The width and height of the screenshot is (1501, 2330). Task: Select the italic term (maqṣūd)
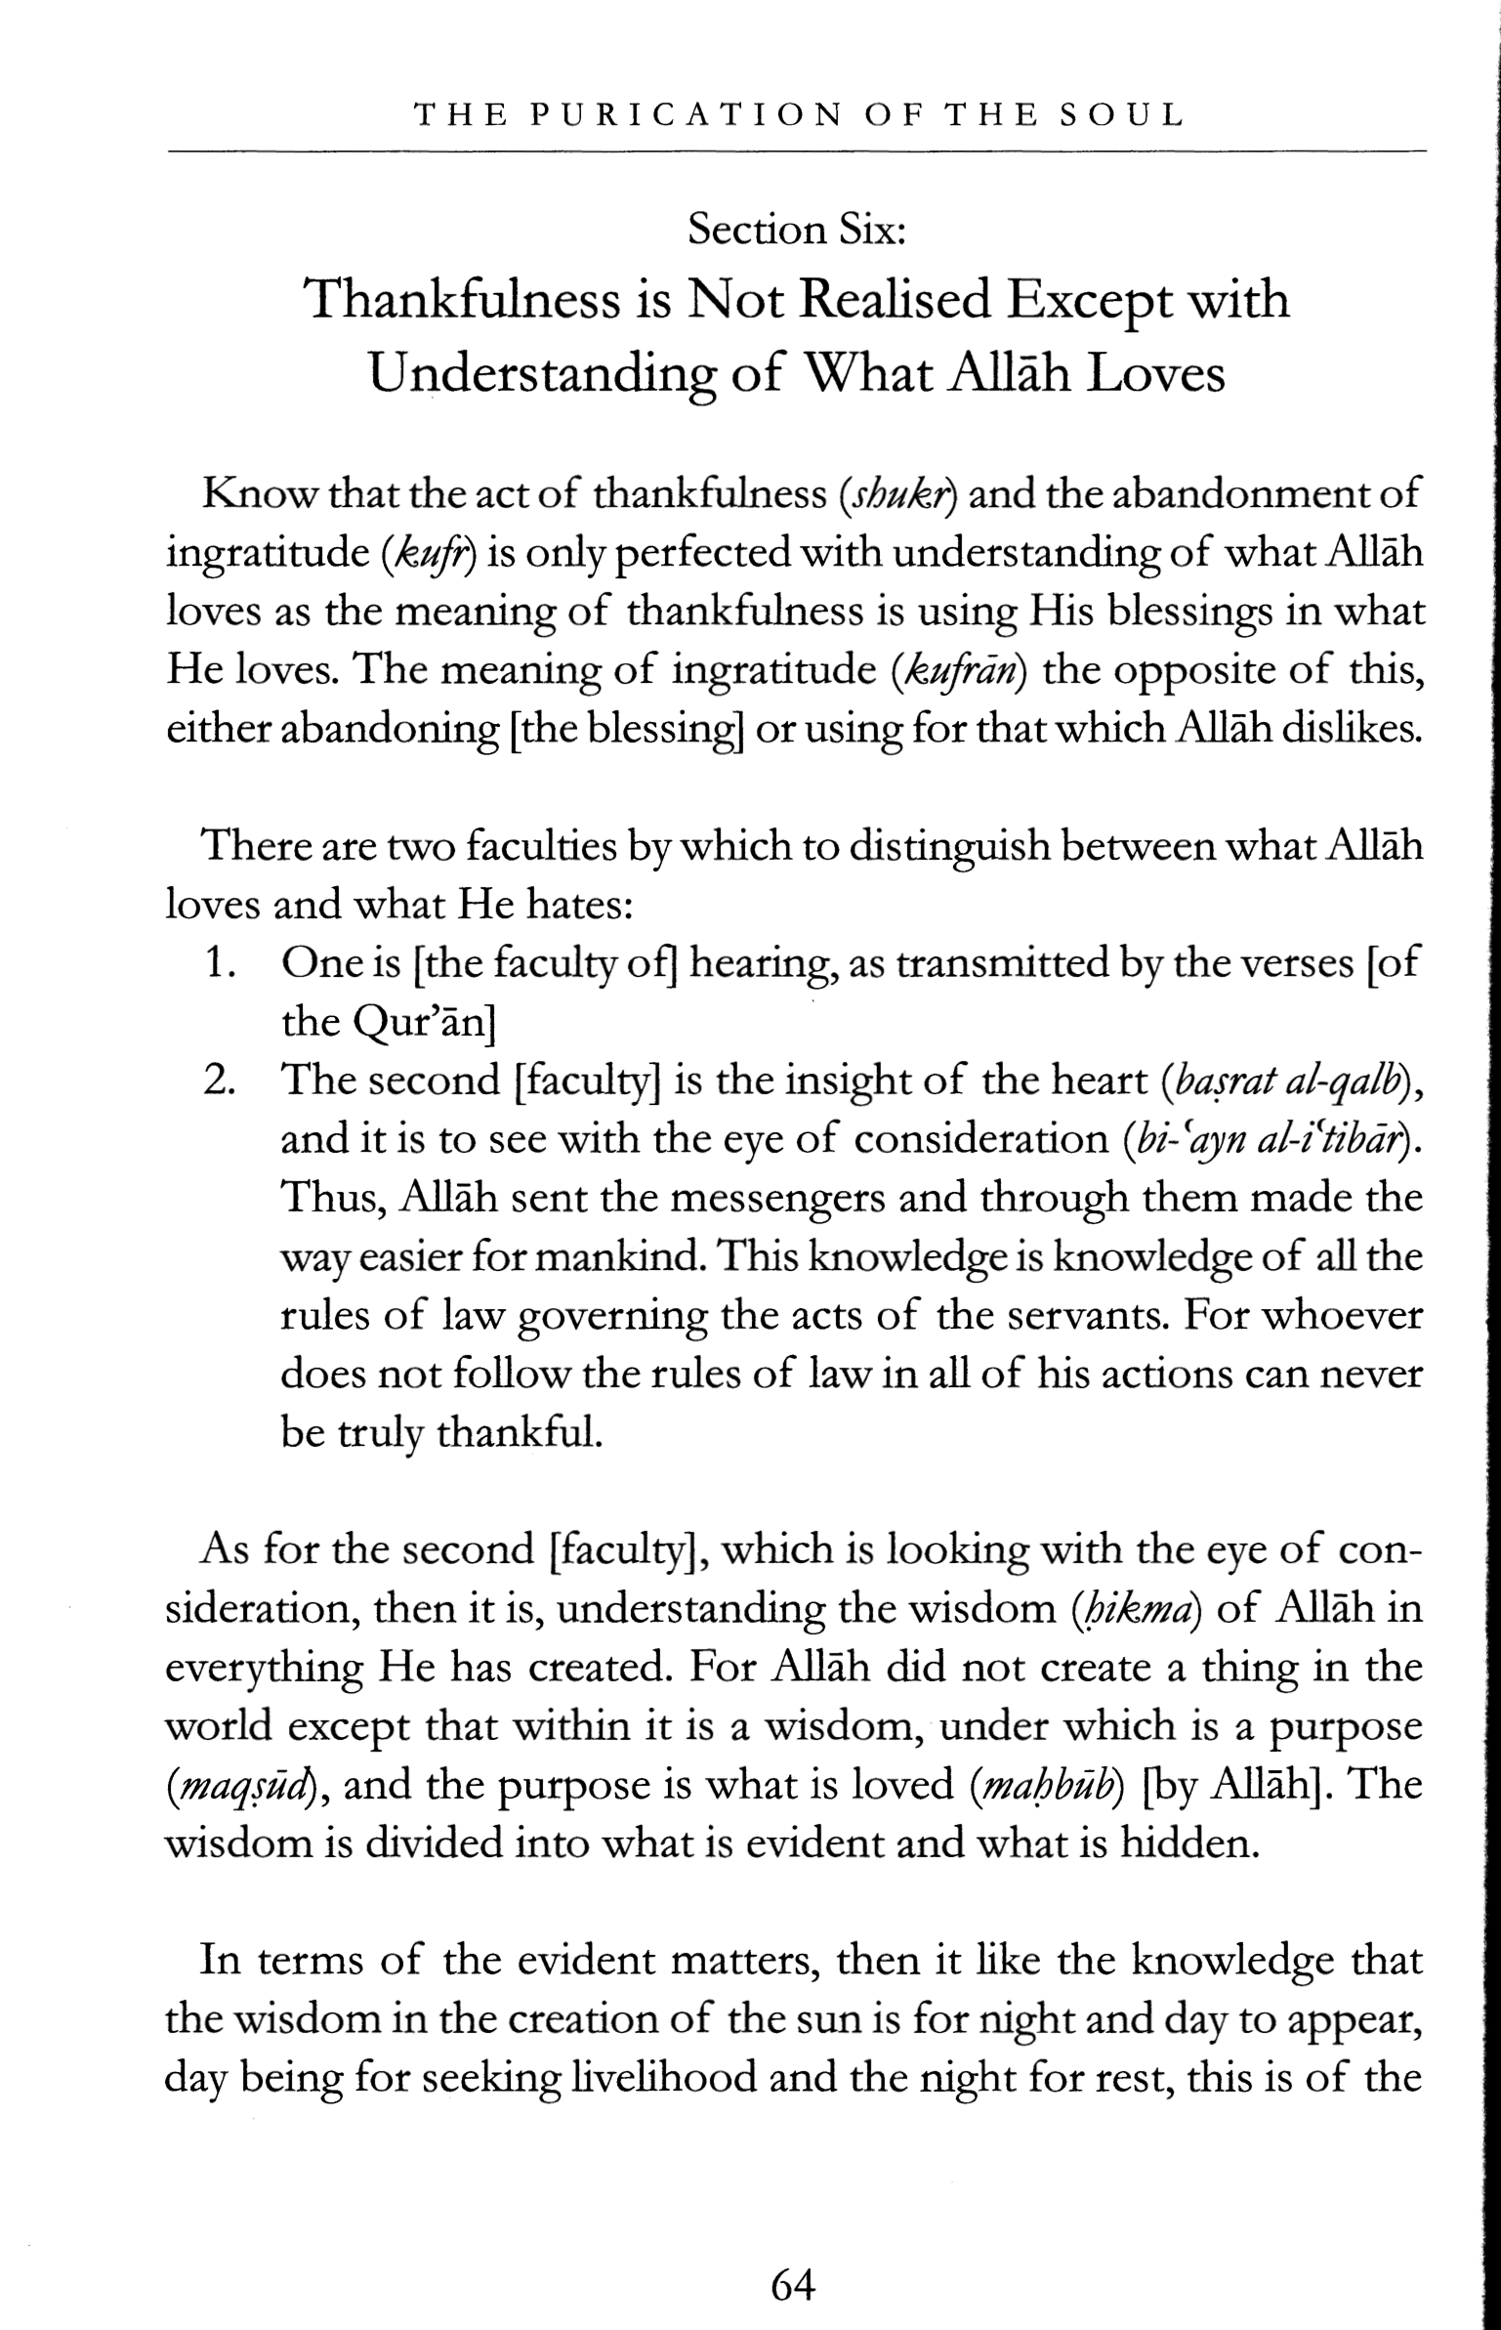coord(247,1785)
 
